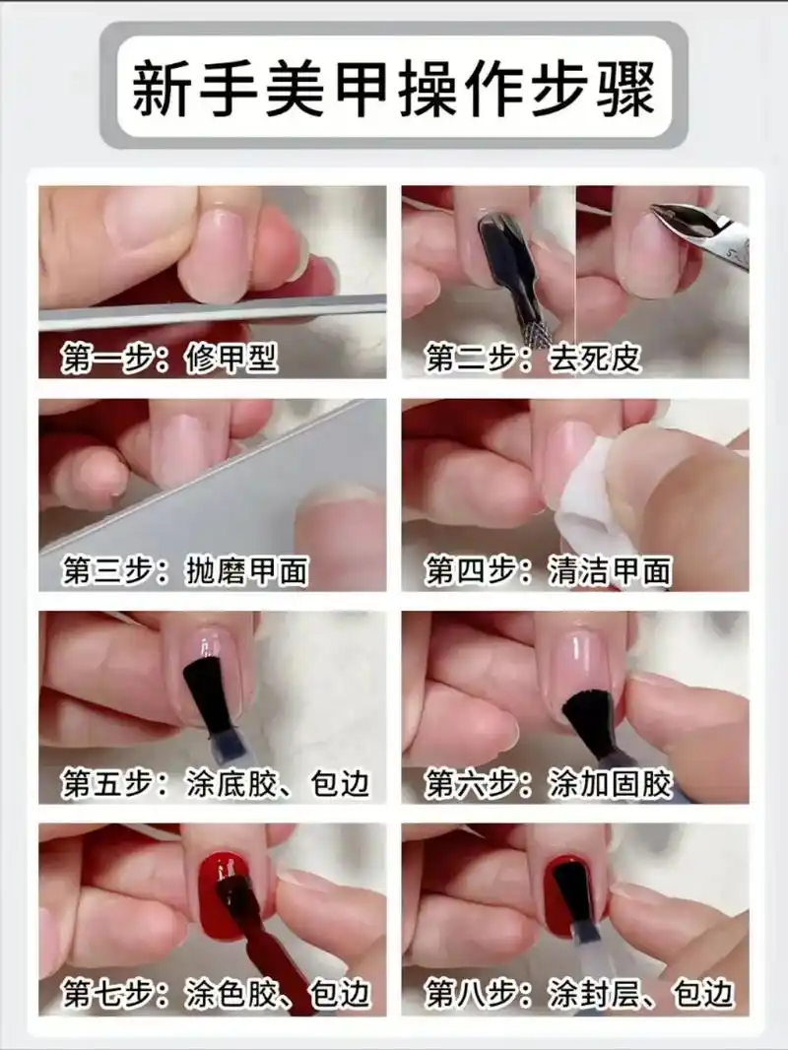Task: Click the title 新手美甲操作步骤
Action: [394, 87]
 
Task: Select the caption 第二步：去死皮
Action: [533, 358]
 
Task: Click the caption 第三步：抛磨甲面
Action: [185, 570]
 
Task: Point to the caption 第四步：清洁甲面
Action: [548, 570]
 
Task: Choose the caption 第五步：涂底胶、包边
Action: [216, 783]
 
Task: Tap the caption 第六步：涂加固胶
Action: [548, 783]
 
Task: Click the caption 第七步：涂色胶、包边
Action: [216, 994]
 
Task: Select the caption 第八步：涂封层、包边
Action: [579, 994]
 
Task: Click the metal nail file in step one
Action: [212, 310]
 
